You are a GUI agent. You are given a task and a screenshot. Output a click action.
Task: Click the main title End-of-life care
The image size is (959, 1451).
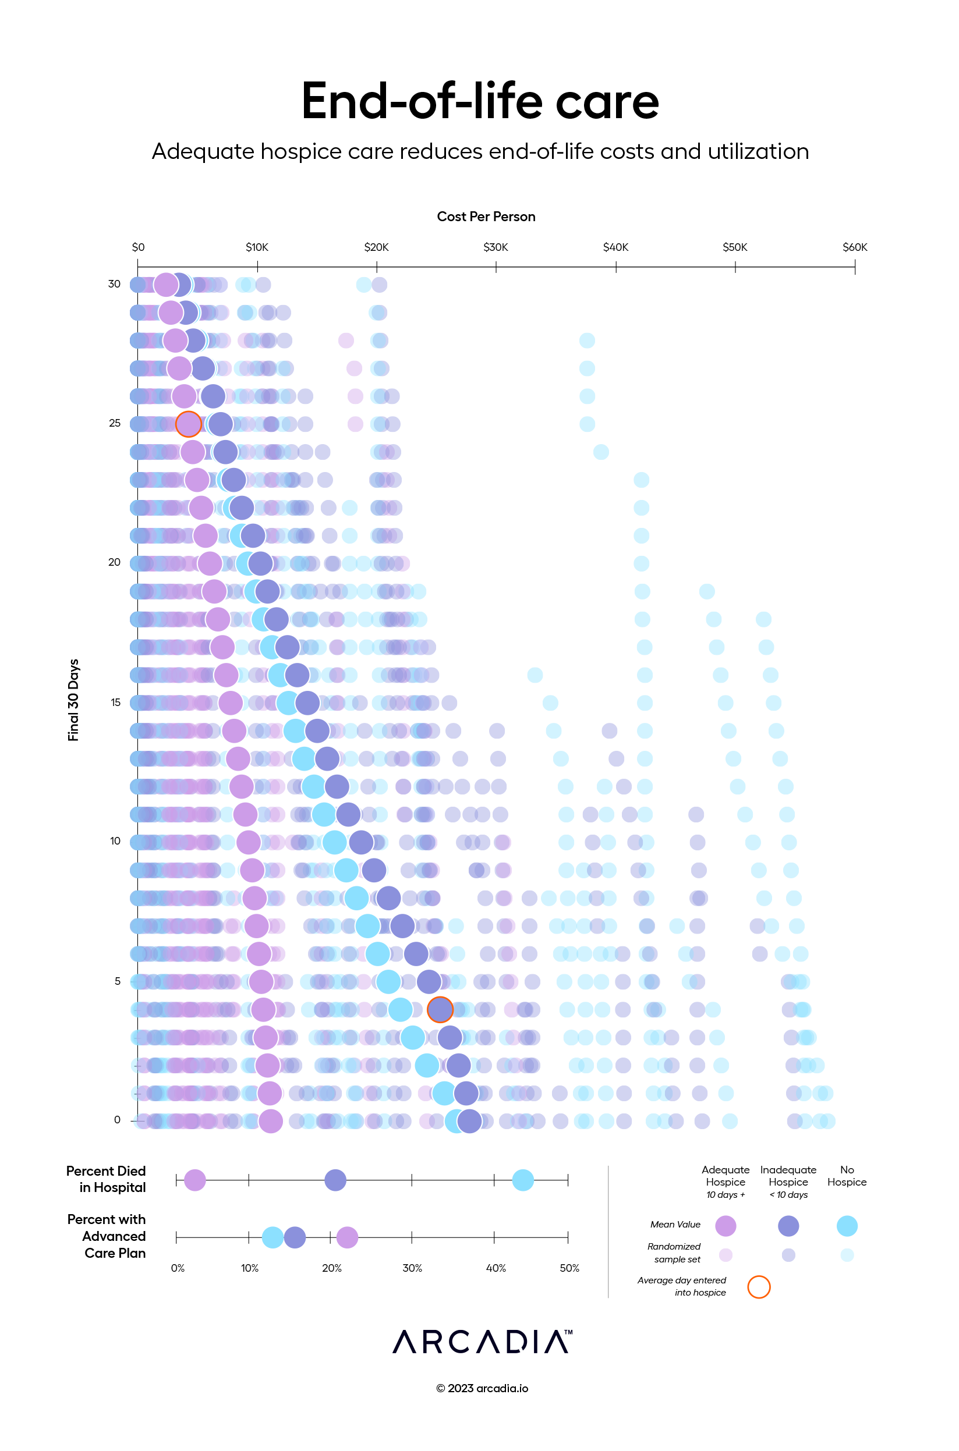480,101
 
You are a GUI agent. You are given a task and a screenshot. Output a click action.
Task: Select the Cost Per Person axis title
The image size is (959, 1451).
486,217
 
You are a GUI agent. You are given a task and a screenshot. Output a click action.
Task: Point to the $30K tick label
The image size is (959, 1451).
496,247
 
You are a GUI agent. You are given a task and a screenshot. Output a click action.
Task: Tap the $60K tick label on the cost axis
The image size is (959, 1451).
854,247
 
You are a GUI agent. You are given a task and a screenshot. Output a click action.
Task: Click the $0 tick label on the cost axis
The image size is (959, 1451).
138,247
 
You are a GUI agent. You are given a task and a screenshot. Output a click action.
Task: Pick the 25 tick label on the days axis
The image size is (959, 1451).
114,423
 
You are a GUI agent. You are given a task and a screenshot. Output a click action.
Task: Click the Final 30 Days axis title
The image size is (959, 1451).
73,700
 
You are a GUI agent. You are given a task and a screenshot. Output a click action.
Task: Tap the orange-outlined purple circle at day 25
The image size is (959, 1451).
189,424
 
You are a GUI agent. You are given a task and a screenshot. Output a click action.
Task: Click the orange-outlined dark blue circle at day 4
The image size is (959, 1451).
440,1009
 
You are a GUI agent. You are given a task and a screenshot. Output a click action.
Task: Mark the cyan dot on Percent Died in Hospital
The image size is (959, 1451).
523,1180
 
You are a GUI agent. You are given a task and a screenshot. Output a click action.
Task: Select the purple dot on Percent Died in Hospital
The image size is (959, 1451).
195,1180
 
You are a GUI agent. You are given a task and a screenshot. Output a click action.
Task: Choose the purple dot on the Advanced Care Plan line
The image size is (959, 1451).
347,1237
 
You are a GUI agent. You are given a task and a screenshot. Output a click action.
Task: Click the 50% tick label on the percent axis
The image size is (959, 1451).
569,1268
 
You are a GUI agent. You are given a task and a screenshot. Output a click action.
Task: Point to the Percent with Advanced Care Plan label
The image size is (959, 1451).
107,1236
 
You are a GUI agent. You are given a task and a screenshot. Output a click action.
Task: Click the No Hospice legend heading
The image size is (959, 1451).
847,1175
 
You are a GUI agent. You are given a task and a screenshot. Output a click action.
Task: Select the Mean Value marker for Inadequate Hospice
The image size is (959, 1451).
788,1226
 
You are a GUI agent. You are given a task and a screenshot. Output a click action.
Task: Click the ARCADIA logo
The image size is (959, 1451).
483,1342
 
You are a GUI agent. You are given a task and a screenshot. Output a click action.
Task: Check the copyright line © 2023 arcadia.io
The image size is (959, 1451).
482,1388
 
